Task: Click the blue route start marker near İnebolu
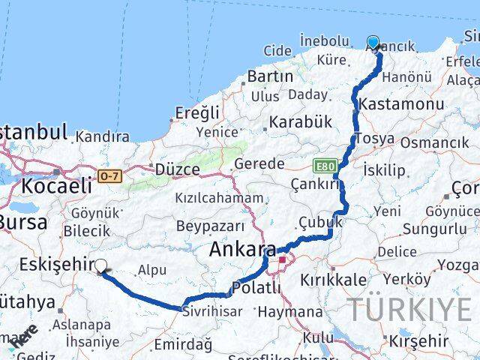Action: tap(373, 43)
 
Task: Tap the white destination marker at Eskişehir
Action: tap(101, 264)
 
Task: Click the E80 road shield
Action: tap(323, 164)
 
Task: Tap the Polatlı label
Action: tap(257, 287)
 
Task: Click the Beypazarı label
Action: tap(211, 226)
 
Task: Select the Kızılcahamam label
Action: tap(219, 198)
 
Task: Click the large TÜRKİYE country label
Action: tap(409, 308)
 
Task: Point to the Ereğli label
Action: tap(197, 112)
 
